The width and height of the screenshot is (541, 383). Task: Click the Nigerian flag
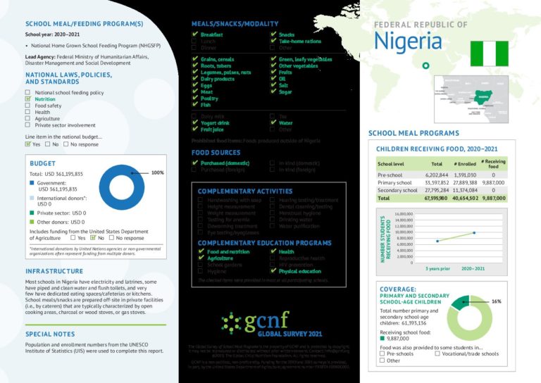tap(488, 54)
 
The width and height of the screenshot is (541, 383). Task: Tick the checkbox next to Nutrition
tap(28, 99)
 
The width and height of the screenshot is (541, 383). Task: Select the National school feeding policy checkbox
tap(28, 92)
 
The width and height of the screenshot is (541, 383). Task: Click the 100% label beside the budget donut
tap(157, 172)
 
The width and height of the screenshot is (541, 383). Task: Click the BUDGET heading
tap(43, 163)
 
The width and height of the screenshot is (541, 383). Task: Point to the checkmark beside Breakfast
tap(194, 34)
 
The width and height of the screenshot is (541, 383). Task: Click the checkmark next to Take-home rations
tap(273, 42)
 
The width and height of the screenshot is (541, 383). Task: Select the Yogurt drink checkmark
tap(194, 123)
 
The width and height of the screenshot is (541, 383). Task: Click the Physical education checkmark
tap(273, 271)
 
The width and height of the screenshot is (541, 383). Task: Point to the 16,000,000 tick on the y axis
tap(403, 213)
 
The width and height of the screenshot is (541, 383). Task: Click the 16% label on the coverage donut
tap(496, 301)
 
